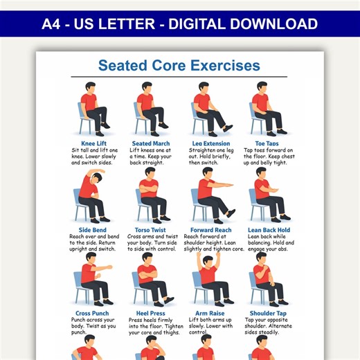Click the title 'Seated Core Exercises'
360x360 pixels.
click(x=179, y=66)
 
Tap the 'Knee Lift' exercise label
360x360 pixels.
click(x=93, y=143)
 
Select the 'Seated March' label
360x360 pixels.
click(x=150, y=143)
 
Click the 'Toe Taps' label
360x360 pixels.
click(x=267, y=143)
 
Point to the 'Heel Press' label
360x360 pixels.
click(x=150, y=314)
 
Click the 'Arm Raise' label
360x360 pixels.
click(x=210, y=314)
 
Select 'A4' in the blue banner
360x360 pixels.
click(x=53, y=24)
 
